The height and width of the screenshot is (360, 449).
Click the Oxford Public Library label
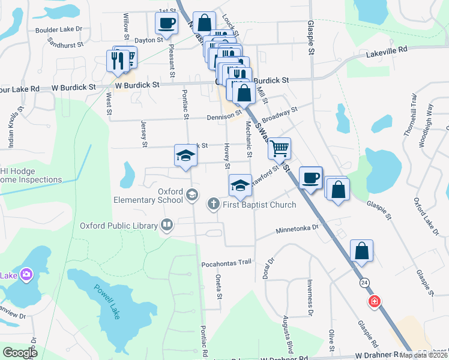tap(119, 226)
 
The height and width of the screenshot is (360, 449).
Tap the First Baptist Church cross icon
tap(213, 205)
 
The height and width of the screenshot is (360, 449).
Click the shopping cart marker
tap(279, 148)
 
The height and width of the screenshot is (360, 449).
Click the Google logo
tap(20, 353)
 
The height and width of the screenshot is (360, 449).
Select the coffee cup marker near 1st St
tap(166, 23)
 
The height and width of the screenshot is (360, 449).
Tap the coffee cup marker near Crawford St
tap(310, 177)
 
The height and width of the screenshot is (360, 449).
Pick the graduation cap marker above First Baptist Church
tap(240, 184)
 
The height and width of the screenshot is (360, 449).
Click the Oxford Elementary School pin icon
tap(191, 194)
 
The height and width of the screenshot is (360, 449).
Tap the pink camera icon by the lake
tap(26, 275)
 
